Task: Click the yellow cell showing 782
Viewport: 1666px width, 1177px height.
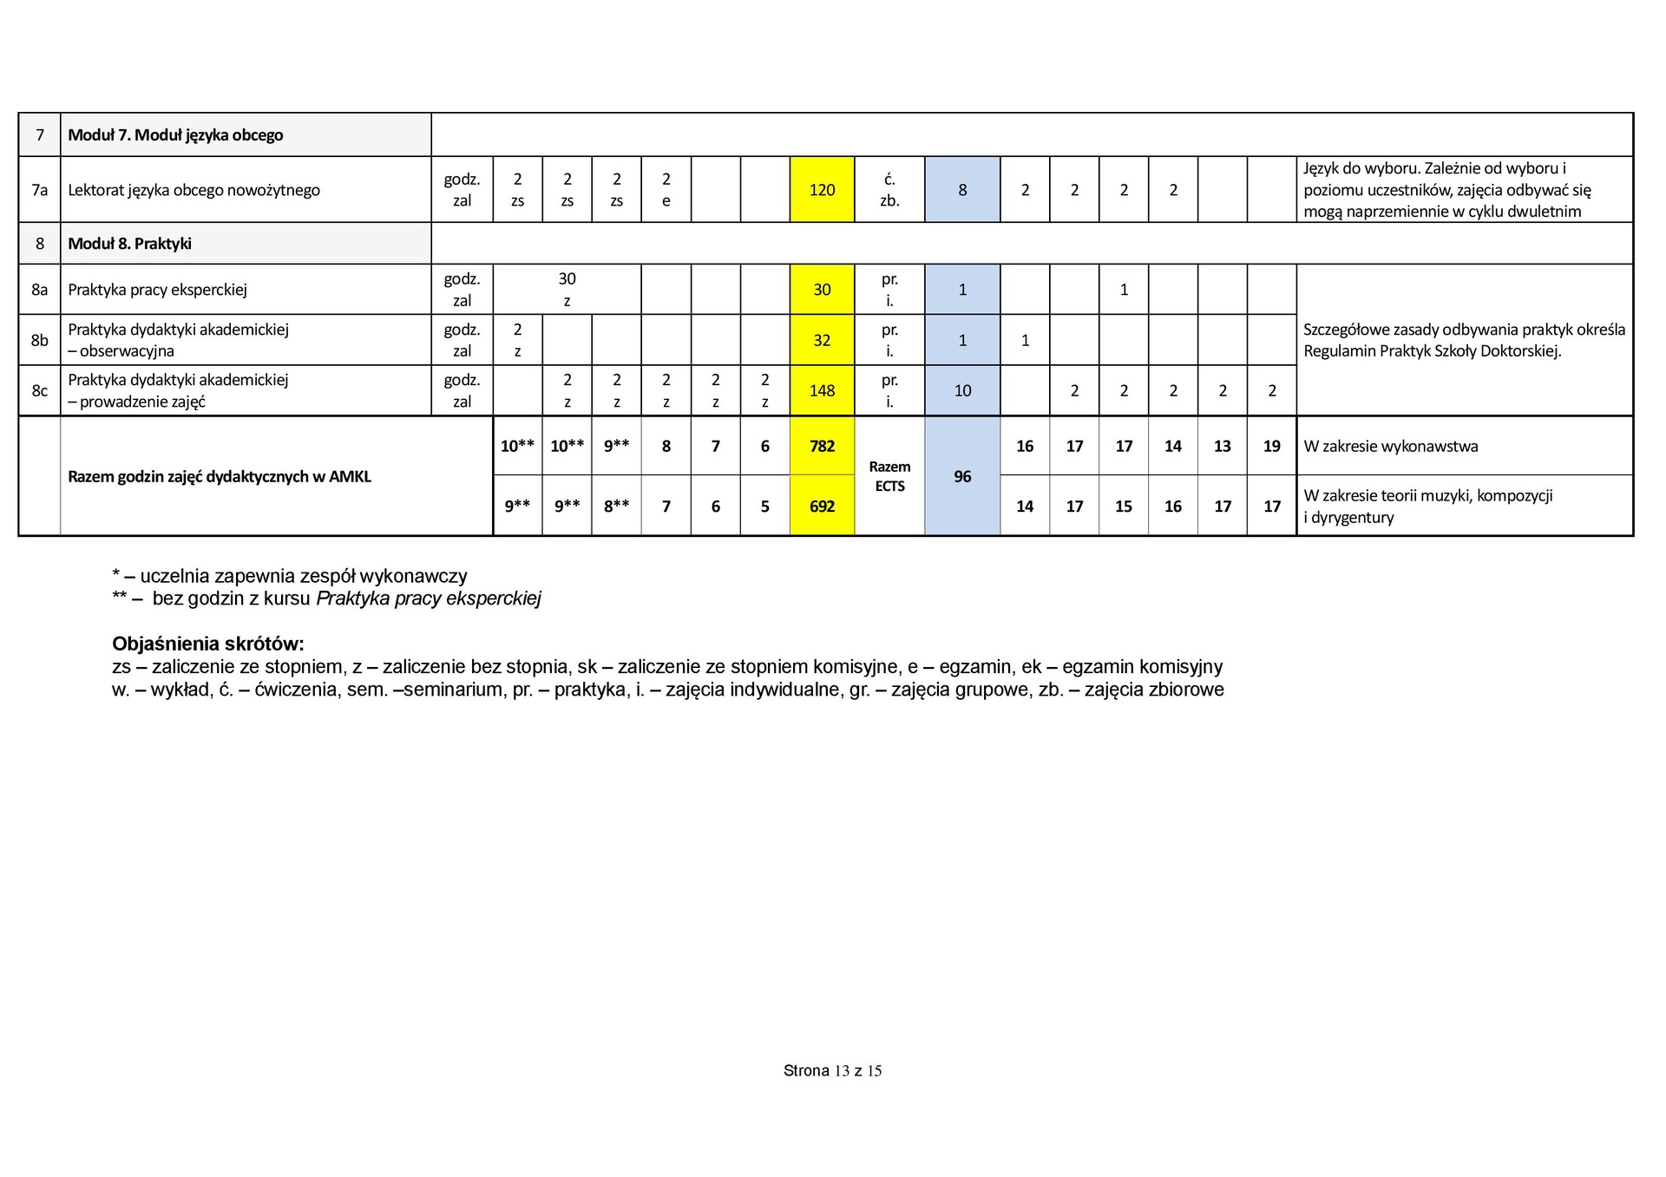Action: coord(822,446)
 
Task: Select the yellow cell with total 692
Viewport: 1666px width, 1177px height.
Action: coord(822,506)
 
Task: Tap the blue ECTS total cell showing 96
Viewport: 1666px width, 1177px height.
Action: coord(962,476)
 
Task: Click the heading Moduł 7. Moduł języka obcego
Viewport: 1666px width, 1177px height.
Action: coord(175,134)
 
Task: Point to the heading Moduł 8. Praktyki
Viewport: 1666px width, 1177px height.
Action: coord(129,244)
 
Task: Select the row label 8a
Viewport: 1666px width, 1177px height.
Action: coord(39,290)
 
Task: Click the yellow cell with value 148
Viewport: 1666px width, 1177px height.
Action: coord(822,390)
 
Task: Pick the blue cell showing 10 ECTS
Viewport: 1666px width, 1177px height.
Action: coord(962,390)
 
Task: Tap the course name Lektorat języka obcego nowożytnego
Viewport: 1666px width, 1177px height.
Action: coord(193,190)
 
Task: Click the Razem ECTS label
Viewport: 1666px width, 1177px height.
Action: coord(889,476)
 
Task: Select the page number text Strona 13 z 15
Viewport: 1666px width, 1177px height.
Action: coord(832,1071)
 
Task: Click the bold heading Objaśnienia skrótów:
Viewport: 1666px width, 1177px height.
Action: coord(208,644)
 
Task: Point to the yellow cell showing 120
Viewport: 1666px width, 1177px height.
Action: coord(822,190)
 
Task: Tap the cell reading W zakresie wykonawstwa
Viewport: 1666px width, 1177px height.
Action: coord(1390,447)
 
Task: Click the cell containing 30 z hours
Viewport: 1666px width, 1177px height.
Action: coord(567,290)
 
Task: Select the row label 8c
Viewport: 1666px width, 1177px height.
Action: coord(39,390)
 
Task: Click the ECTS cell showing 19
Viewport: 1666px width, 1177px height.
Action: coord(1271,446)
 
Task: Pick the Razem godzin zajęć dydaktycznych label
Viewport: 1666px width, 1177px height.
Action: coord(220,476)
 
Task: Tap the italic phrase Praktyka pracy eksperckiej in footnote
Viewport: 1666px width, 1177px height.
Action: coord(429,598)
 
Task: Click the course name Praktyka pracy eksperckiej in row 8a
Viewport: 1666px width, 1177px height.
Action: coord(157,290)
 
